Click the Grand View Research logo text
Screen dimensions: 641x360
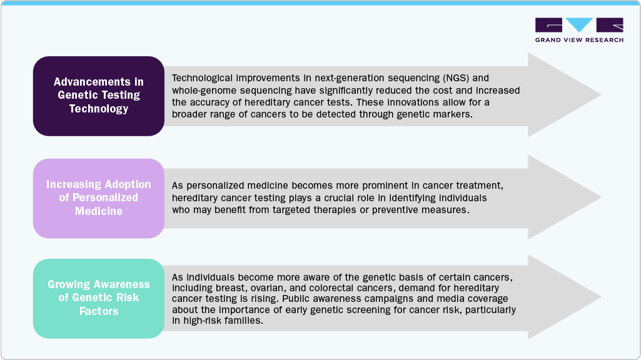(579, 39)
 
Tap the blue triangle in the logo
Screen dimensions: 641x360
(579, 24)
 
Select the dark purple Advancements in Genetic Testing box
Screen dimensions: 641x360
(99, 96)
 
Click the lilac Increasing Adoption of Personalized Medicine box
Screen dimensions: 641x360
(99, 199)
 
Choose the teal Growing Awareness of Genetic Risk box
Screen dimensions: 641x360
(99, 298)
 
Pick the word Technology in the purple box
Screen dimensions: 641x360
(99, 109)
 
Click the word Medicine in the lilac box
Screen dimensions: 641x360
(99, 211)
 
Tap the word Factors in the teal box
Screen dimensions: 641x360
(99, 311)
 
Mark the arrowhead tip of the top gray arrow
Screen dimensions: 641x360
(601, 95)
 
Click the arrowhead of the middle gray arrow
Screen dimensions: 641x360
(564, 197)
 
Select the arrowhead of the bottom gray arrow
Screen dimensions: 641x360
(564, 297)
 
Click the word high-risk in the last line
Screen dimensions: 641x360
(201, 321)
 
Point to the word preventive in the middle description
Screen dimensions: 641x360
(395, 209)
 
